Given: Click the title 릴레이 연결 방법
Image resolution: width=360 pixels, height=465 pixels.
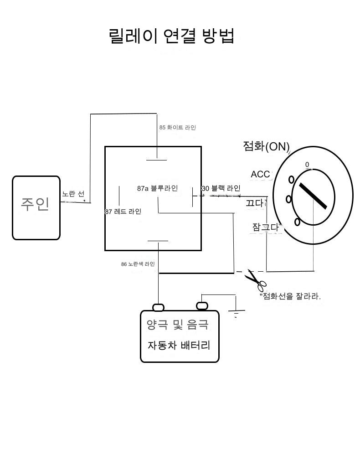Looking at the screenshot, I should point(172,36).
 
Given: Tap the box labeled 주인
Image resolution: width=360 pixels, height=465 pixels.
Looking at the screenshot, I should point(36,207).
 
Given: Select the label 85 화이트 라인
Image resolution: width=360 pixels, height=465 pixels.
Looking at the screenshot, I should point(177,128).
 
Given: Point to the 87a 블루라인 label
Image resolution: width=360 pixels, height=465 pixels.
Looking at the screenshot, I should point(157,188).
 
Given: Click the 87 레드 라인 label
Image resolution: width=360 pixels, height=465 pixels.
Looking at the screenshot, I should point(123,212).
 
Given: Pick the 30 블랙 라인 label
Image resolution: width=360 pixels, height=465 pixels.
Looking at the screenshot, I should point(221,188).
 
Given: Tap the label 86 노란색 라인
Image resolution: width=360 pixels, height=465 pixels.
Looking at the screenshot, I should point(138,264).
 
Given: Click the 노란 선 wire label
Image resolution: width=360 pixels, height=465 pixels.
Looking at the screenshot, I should point(73,194).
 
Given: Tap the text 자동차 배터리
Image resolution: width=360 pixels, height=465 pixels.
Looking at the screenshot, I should point(179,345).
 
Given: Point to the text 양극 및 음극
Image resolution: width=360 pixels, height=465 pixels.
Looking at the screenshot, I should point(178,325).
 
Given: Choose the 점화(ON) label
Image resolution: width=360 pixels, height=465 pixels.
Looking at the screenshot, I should point(266,146).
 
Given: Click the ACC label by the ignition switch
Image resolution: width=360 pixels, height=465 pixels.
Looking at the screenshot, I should point(260,174).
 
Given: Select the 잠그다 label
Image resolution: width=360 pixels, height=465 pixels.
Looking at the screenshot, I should point(266,227).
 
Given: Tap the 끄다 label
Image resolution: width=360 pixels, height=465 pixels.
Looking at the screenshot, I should point(255,203).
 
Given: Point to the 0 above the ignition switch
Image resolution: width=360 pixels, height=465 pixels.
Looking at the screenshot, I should point(307,165).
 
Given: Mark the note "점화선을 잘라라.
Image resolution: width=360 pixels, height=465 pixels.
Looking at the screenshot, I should point(290,296).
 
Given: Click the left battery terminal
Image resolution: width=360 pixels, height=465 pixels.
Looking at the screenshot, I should point(158,307).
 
